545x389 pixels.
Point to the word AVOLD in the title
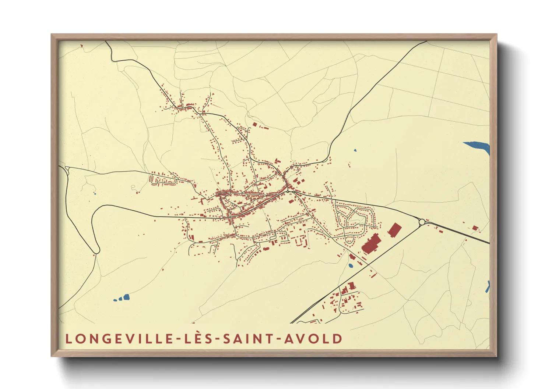tap(313, 339)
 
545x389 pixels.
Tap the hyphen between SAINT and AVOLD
tap(278, 339)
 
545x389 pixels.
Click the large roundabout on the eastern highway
tap(422, 222)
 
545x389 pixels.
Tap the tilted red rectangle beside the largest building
tap(394, 230)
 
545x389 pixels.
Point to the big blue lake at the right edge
tap(478, 146)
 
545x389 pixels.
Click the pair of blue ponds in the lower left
tap(123, 298)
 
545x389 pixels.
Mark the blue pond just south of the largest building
tap(351, 265)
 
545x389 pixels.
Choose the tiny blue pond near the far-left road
tap(95, 194)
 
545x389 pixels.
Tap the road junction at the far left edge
tap(67, 169)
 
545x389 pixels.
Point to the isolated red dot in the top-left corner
tap(81, 46)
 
